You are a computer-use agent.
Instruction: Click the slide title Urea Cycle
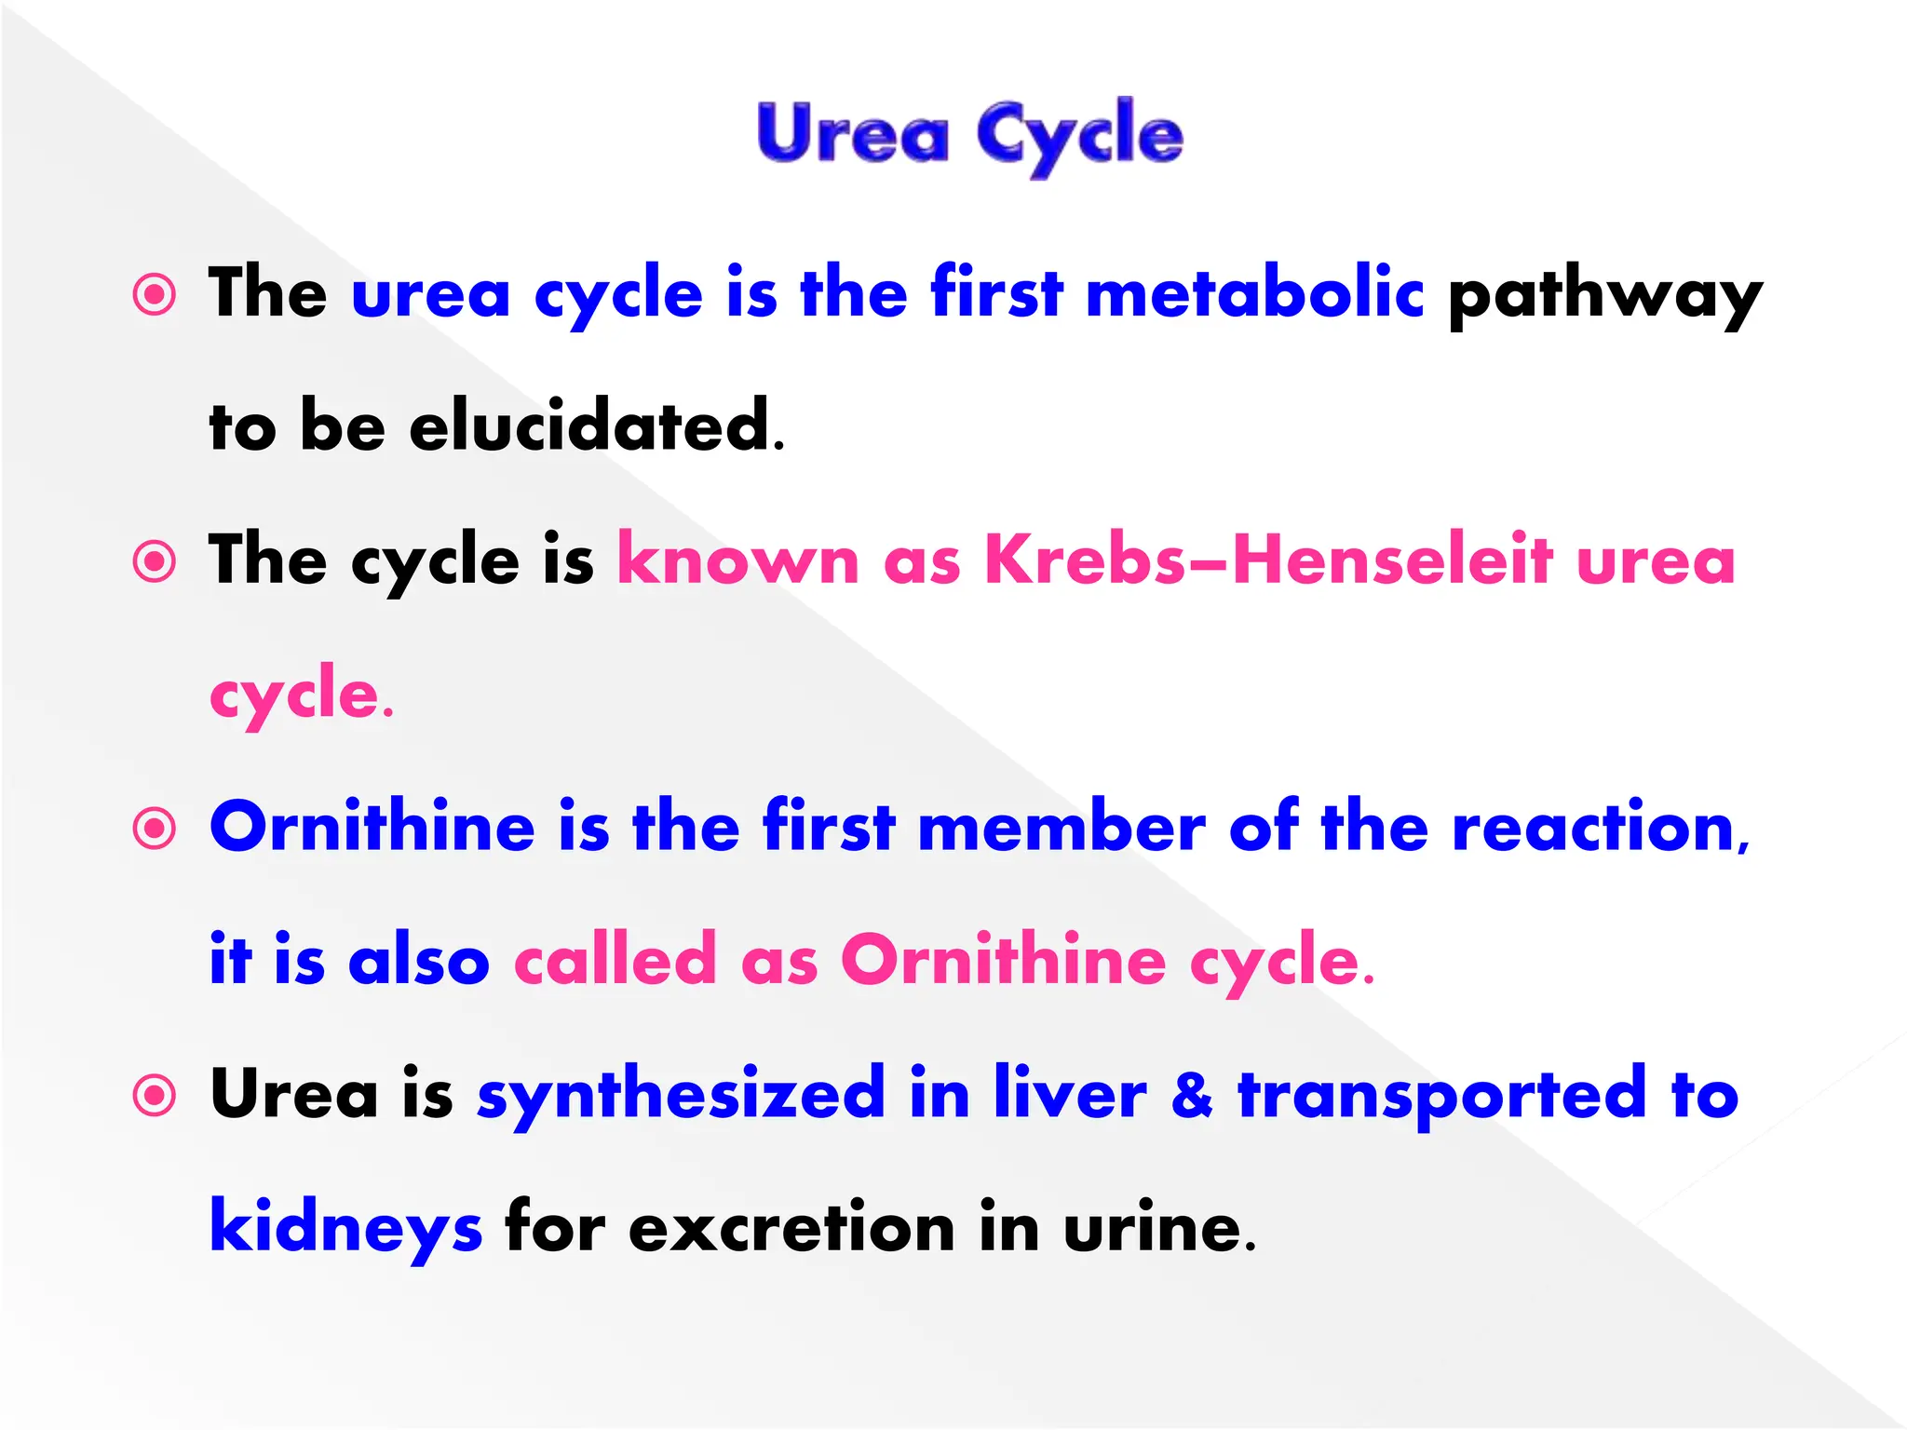(969, 136)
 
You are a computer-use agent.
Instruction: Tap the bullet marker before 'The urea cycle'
(155, 295)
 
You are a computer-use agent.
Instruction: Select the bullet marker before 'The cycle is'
(155, 562)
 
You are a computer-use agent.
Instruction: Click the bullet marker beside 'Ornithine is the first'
(155, 829)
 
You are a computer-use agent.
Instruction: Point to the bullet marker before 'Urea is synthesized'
(155, 1096)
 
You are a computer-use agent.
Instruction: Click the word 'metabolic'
(1254, 293)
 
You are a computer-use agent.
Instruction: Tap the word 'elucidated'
(589, 425)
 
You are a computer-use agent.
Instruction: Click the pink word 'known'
(738, 560)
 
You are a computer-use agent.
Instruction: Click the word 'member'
(1062, 827)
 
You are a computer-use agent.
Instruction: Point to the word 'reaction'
(1593, 827)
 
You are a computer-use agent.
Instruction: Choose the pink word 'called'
(615, 960)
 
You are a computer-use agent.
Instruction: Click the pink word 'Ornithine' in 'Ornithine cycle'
(1004, 960)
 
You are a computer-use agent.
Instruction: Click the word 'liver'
(1070, 1093)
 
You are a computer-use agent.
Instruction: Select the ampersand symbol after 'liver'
(1192, 1095)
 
